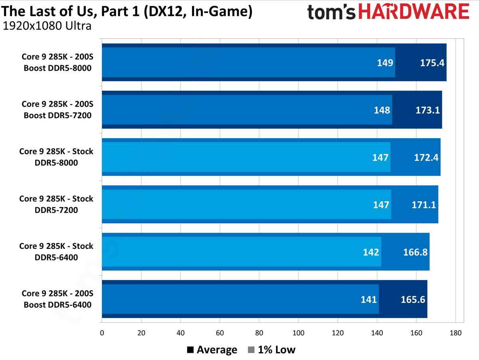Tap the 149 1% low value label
point(385,63)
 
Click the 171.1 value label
point(424,205)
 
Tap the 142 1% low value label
point(371,252)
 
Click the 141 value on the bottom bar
point(368,300)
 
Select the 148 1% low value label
point(382,110)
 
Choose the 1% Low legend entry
point(271,350)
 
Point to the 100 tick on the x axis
point(298,332)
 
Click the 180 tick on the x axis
point(455,332)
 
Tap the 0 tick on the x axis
point(102,332)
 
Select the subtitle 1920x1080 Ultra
point(47,26)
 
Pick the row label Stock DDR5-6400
point(56,252)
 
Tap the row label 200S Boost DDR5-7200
point(57,109)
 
